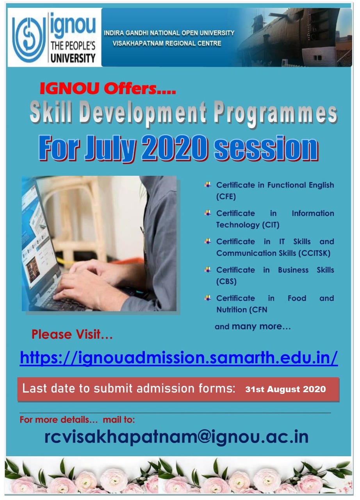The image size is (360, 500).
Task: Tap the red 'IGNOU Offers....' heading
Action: pos(108,88)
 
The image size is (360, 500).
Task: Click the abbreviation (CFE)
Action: pos(226,196)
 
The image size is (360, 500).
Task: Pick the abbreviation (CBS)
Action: pos(226,281)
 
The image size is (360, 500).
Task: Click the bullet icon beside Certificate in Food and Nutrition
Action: pos(208,298)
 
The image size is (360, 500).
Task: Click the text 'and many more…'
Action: pos(253,326)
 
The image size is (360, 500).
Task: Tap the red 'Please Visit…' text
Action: pos(72,334)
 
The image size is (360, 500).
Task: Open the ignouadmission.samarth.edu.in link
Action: pos(179,357)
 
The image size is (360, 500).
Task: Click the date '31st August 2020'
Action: pos(285,389)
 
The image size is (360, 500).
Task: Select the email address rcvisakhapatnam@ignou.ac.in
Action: pos(176,436)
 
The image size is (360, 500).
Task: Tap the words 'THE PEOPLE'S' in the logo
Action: pos(73,46)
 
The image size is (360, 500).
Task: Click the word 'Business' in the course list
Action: pos(293,270)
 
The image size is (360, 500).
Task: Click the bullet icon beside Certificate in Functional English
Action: pos(208,185)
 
